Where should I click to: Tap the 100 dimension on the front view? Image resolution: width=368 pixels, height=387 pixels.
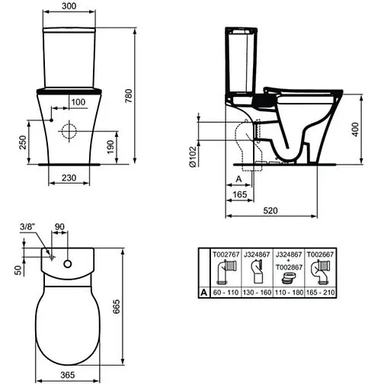(x=78, y=101)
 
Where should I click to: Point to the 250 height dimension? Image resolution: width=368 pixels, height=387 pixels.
(x=24, y=142)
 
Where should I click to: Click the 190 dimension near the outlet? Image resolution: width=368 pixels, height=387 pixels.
(x=111, y=145)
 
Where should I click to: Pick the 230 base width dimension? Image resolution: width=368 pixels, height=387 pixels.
(x=68, y=177)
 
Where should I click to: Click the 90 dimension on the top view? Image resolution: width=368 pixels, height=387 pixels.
(x=60, y=227)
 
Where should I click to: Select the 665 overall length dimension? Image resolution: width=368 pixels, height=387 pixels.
(x=135, y=305)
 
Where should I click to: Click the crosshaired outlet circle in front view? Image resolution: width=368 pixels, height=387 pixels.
(x=70, y=129)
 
